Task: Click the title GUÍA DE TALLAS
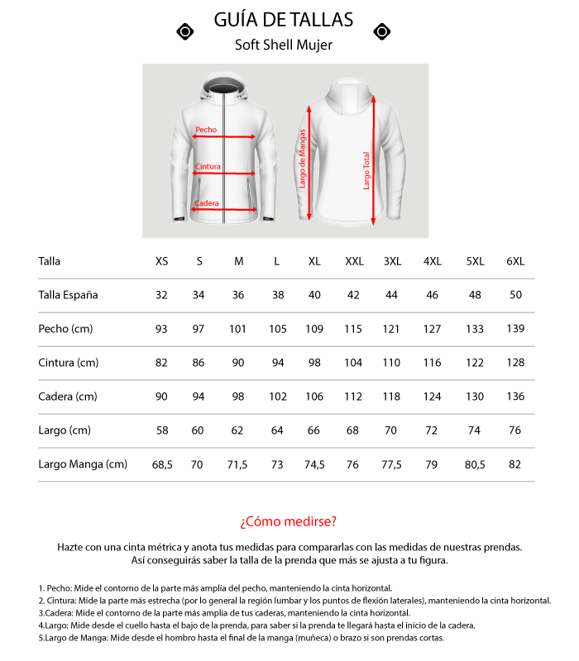pyautogui.click(x=284, y=20)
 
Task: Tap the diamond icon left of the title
pyautogui.click(x=186, y=31)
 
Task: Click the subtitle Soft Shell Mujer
pyautogui.click(x=284, y=45)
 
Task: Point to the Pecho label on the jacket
pyautogui.click(x=206, y=130)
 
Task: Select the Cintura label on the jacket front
pyautogui.click(x=208, y=167)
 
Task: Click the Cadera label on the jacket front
pyautogui.click(x=206, y=203)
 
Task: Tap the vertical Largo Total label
pyautogui.click(x=366, y=169)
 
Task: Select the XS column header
pyautogui.click(x=161, y=262)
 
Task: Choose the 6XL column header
pyautogui.click(x=515, y=262)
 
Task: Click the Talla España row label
pyautogui.click(x=68, y=295)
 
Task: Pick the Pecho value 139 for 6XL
pyautogui.click(x=515, y=329)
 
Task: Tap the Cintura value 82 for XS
pyautogui.click(x=161, y=363)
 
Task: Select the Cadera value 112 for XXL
pyautogui.click(x=354, y=397)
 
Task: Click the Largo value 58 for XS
pyautogui.click(x=161, y=430)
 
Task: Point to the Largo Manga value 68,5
pyautogui.click(x=162, y=464)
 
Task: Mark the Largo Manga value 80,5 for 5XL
pyautogui.click(x=475, y=464)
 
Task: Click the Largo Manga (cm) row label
pyautogui.click(x=83, y=464)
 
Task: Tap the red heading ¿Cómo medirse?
pyautogui.click(x=289, y=521)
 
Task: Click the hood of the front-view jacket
pyautogui.click(x=223, y=87)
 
